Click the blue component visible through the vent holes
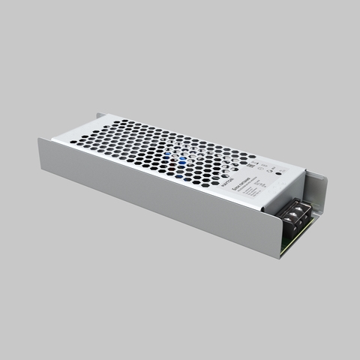[x=181, y=158]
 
